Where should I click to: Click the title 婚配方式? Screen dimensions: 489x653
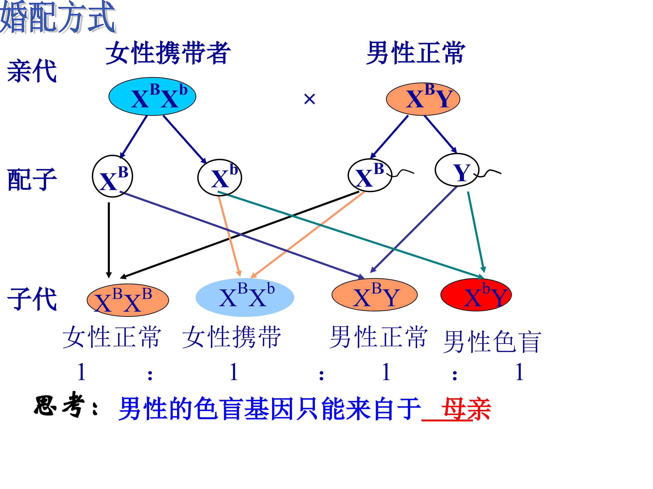pyautogui.click(x=58, y=18)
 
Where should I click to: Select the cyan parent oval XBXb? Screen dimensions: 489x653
pyautogui.click(x=152, y=97)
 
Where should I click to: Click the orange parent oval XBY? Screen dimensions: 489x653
pyautogui.click(x=423, y=99)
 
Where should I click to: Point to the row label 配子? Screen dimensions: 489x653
pyautogui.click(x=32, y=179)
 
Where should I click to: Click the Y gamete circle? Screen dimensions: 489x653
pyautogui.click(x=456, y=170)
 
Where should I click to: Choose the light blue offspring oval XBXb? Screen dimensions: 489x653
pyautogui.click(x=245, y=297)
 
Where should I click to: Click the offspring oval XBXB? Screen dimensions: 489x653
pyautogui.click(x=127, y=300)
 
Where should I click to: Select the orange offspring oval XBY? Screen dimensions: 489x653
pyautogui.click(x=374, y=295)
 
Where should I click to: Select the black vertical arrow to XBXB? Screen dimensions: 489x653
pyautogui.click(x=109, y=239)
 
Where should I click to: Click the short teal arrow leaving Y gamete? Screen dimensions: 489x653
pyautogui.click(x=476, y=231)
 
